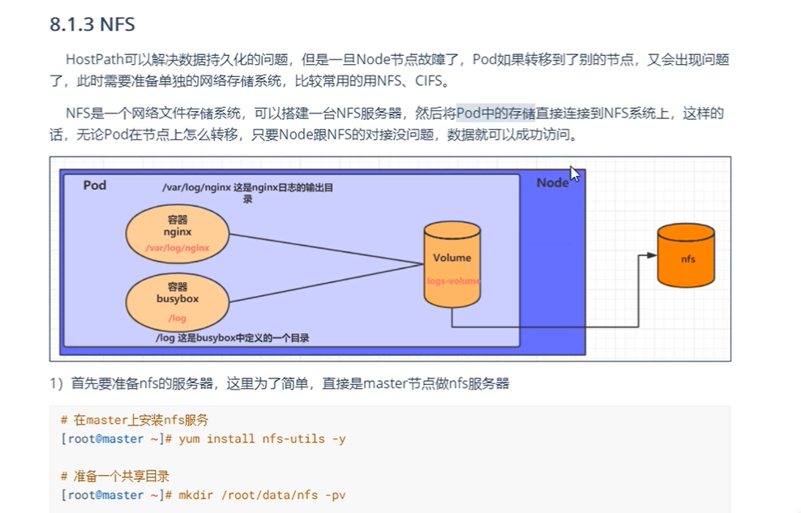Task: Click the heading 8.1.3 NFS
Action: pos(92,24)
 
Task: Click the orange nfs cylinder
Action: pos(686,257)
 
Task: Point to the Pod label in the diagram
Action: pos(95,186)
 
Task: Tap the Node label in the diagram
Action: pos(552,183)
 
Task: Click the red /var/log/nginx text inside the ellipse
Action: pos(178,248)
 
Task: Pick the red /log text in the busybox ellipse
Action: pos(177,318)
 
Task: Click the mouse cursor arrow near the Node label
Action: pos(574,174)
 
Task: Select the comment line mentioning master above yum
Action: pos(135,421)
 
